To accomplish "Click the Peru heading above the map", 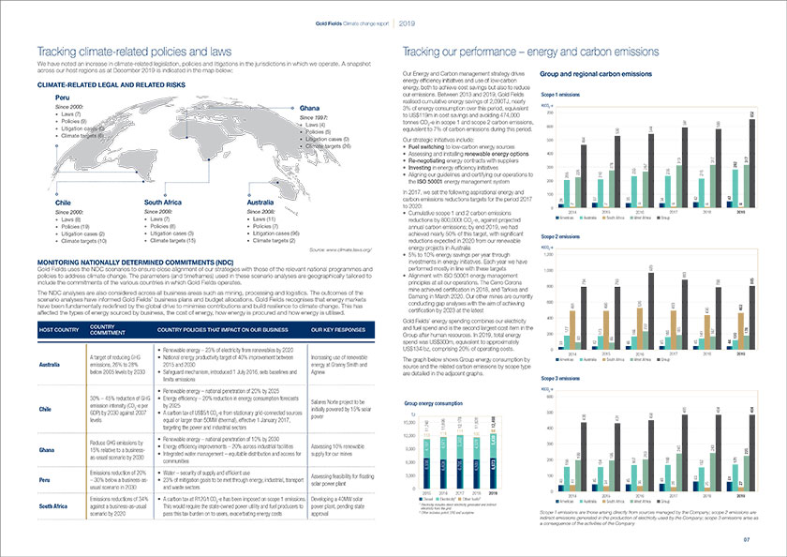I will (x=63, y=97).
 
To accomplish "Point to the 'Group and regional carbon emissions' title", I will (x=597, y=73).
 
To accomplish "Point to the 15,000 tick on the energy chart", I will (x=408, y=422).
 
